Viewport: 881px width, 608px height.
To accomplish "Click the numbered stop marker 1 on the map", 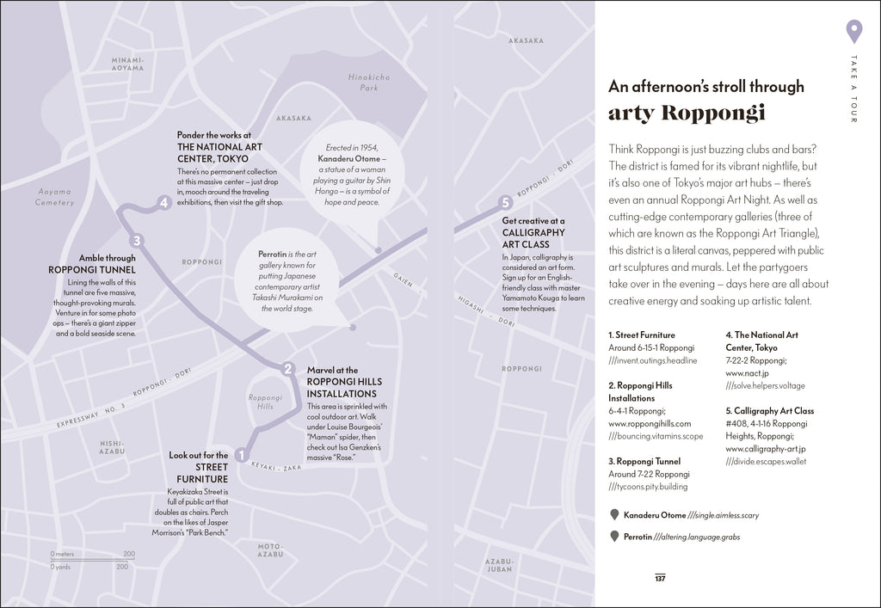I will coord(242,456).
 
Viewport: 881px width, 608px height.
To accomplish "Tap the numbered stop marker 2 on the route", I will coord(289,369).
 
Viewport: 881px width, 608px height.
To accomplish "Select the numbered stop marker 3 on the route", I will coord(136,241).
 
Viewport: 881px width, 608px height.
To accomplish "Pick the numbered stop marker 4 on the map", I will coord(163,203).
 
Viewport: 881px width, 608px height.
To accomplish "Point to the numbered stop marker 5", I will coord(506,203).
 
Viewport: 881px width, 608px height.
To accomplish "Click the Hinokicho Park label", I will coord(369,83).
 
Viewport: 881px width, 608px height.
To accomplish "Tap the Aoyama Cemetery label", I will coord(54,197).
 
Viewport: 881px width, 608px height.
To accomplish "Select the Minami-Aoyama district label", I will coord(128,64).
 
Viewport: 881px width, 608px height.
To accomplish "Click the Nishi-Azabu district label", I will coord(112,447).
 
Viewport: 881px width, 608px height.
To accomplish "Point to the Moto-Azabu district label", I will coord(270,550).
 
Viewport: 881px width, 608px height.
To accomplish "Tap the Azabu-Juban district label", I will coord(499,565).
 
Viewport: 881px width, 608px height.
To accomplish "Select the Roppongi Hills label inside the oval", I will coord(265,402).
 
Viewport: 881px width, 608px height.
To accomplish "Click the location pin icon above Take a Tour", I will coord(853,31).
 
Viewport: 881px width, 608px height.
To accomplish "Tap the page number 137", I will coord(660,578).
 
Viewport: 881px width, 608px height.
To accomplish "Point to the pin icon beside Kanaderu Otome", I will coord(614,515).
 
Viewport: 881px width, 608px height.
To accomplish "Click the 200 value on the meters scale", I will coord(129,555).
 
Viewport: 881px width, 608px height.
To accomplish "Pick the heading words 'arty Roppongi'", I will coord(687,114).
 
